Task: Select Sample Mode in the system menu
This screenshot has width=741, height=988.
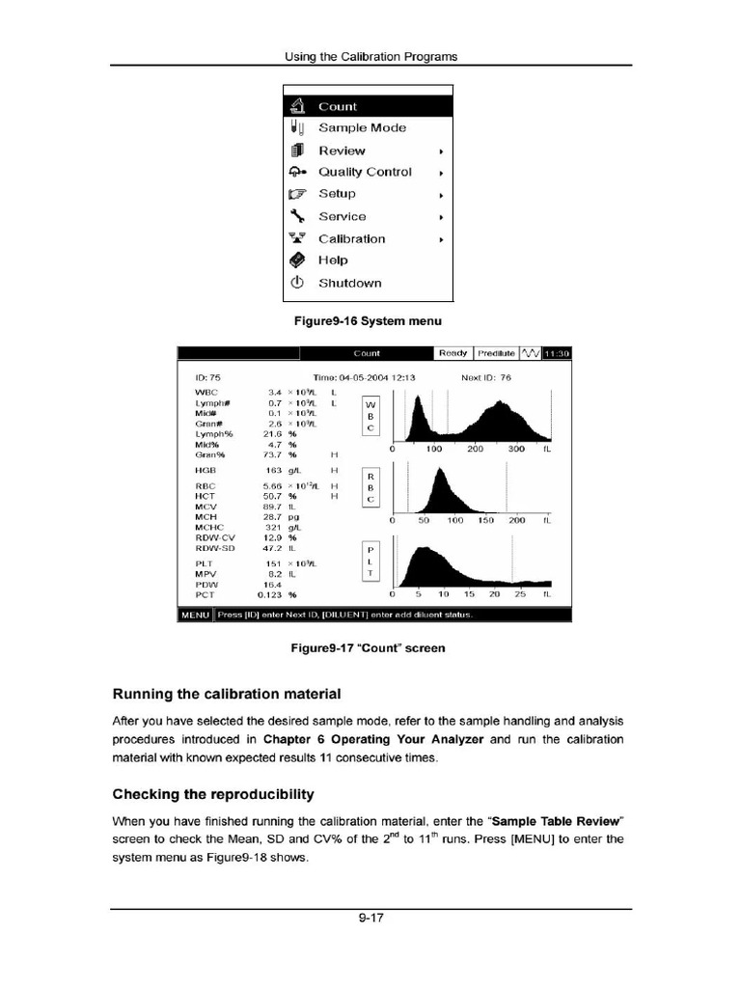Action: [362, 127]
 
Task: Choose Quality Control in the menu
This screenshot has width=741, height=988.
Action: [365, 172]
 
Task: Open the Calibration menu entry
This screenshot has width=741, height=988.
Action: [351, 238]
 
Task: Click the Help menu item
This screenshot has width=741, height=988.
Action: [333, 261]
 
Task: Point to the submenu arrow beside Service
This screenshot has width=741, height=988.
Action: [441, 217]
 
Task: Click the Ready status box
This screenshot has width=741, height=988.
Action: [453, 354]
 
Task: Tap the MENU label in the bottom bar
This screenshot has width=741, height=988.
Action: [196, 615]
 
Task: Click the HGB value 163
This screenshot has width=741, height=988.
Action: [273, 469]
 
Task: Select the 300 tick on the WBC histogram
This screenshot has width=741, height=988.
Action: [515, 450]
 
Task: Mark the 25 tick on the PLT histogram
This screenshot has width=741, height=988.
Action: [521, 594]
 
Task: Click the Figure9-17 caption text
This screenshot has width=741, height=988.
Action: [370, 648]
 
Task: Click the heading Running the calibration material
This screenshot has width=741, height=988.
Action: [227, 693]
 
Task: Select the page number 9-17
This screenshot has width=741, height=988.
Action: [370, 919]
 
